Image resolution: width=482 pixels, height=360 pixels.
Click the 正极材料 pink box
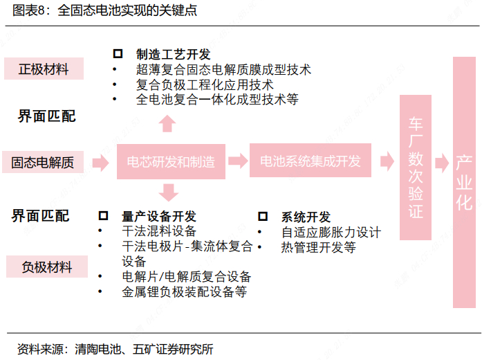[x=44, y=69]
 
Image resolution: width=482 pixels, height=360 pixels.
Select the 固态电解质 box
[x=42, y=163]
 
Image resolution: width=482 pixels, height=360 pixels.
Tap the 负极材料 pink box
[x=47, y=267]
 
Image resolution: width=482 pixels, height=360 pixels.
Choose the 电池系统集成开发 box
[x=310, y=161]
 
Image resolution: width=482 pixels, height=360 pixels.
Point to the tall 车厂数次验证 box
[x=415, y=166]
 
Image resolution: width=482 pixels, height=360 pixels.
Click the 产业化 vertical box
[x=463, y=182]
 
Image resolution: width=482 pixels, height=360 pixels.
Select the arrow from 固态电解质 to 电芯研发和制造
[x=100, y=163]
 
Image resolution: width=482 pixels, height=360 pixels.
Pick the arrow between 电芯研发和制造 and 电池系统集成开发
[x=238, y=161]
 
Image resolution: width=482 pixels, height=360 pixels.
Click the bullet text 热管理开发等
[x=318, y=247]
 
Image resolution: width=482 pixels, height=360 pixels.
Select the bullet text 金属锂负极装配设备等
[x=184, y=292]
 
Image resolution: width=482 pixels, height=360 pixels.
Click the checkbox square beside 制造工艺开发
[x=118, y=54]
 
